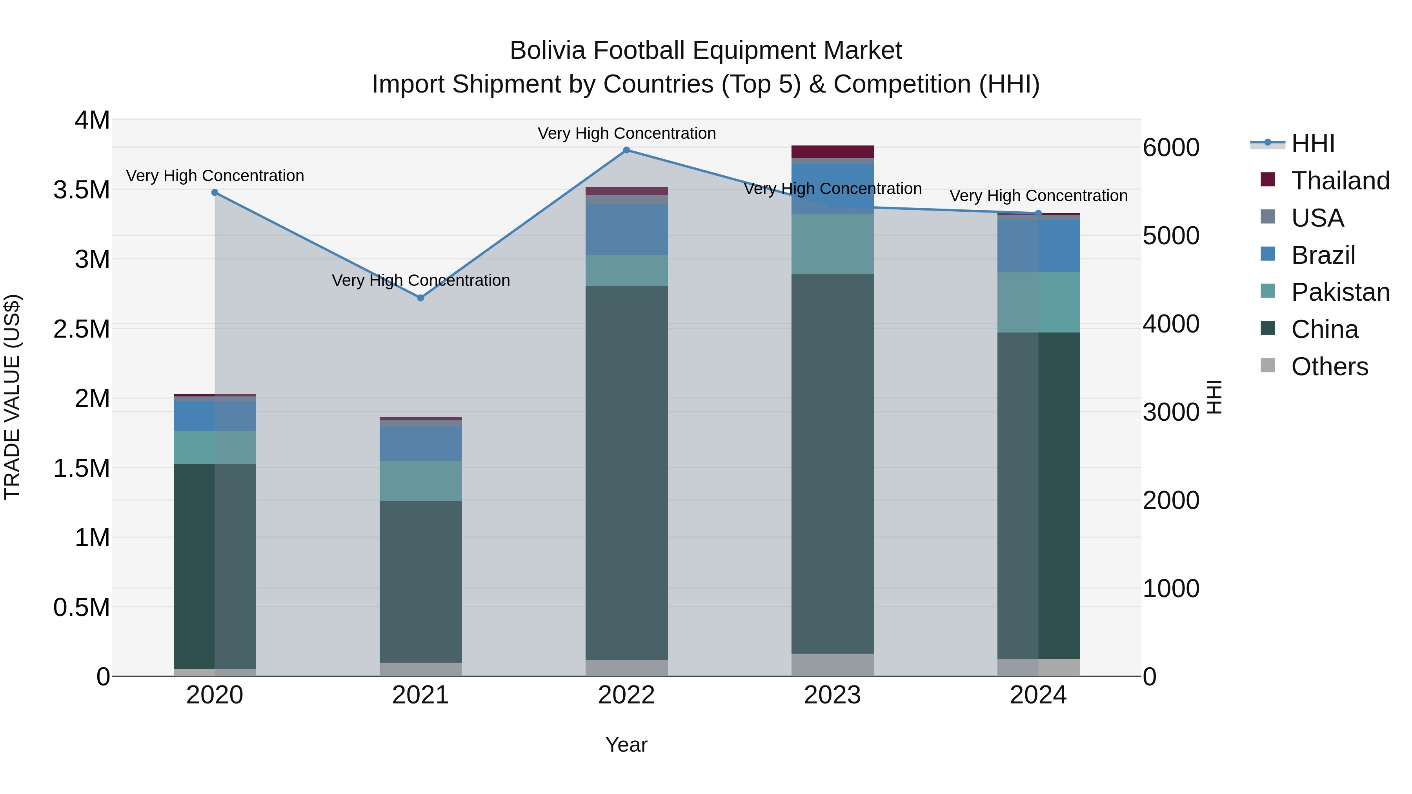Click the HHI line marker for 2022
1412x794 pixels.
tap(626, 150)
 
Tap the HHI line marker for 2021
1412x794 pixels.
tap(420, 298)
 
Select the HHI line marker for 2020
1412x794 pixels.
tap(215, 193)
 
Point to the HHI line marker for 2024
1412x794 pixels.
tap(1038, 213)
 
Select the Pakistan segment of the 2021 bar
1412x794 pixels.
tap(420, 481)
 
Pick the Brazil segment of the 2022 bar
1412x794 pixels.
tap(626, 230)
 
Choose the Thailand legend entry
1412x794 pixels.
tap(1340, 181)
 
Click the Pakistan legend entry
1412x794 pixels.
tap(1340, 292)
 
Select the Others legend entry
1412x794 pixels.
tap(1329, 367)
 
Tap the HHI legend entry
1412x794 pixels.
tap(1312, 144)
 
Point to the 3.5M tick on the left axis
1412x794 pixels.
tap(82, 190)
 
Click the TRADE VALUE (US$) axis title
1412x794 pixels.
tap(13, 397)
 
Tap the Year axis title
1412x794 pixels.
tap(626, 745)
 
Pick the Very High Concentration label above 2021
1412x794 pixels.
tap(420, 281)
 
